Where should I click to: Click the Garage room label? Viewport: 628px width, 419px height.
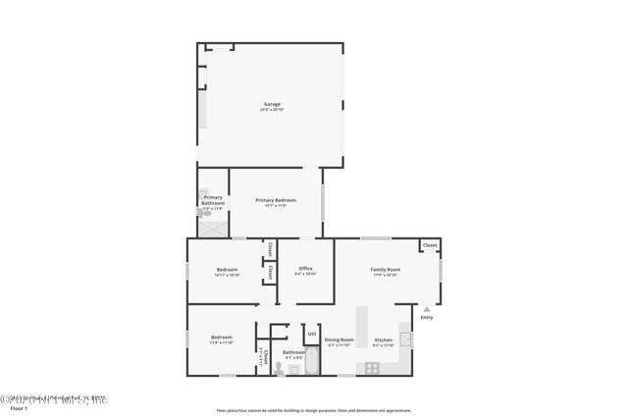coord(272,104)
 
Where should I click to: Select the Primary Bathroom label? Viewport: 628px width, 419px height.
coord(213,200)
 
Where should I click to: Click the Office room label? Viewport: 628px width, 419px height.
coord(305,268)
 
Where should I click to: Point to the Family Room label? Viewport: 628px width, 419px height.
coord(385,269)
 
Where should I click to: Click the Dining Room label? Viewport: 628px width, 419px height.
coord(340,340)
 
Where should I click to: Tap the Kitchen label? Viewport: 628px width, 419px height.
coord(384,340)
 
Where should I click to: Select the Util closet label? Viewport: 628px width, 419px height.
coord(311,334)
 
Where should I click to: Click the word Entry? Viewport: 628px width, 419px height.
coord(426,317)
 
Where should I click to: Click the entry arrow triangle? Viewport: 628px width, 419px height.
coord(426,308)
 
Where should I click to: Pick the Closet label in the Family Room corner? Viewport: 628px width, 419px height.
coord(429,244)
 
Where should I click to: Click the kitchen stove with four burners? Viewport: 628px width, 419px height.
coord(373,367)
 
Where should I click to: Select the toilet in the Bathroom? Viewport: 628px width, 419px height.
coord(280,369)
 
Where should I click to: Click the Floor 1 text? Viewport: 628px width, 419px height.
coord(20,407)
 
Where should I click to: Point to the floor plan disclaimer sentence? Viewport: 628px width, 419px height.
coord(313,411)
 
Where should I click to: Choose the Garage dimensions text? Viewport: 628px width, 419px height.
coord(272,110)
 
